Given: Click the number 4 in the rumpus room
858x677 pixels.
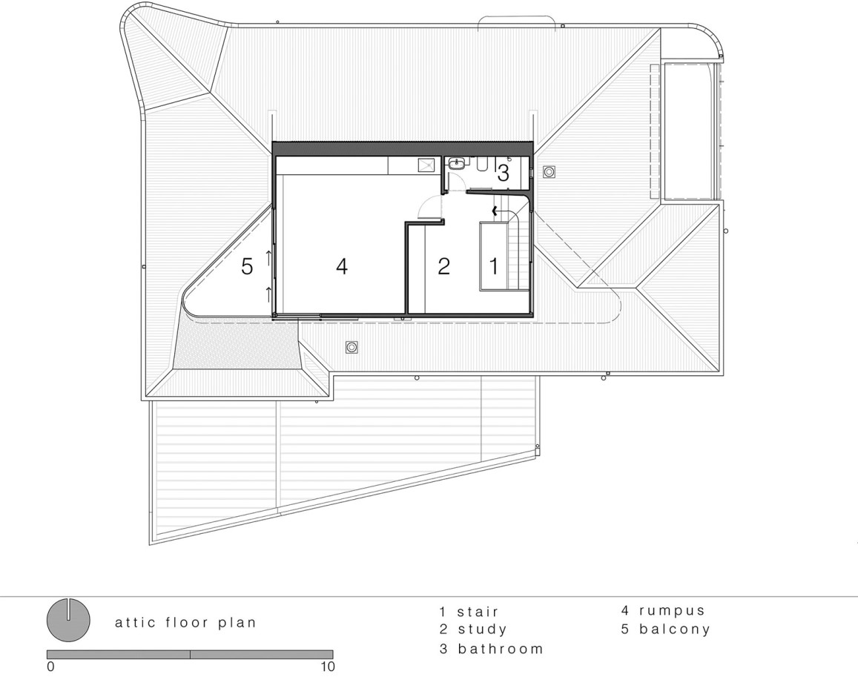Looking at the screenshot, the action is coord(341,266).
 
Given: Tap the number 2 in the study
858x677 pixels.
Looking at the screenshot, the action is coord(443,266).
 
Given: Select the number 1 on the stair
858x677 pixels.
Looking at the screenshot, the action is coord(494,266).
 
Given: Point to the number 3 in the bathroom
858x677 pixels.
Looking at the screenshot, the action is coord(503,174).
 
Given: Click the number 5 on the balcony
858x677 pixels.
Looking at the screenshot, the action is coord(248,266).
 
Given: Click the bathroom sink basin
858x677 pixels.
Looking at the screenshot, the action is coord(456,163).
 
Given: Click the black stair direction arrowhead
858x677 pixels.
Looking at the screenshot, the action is coord(495,210).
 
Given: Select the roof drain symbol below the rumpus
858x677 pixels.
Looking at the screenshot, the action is coord(352,347).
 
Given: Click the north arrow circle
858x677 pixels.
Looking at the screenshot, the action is coord(67,620).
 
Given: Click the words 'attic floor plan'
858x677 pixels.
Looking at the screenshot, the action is coord(185,623).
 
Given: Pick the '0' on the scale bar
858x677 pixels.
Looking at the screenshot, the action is coord(51,667).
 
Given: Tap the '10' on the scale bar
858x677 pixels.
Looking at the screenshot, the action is coord(328,667).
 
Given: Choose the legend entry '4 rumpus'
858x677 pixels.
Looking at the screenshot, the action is coord(663,610).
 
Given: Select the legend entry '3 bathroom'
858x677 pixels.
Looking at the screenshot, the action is coord(492,649).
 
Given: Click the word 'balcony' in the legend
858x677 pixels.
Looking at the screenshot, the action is coord(675,630).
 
